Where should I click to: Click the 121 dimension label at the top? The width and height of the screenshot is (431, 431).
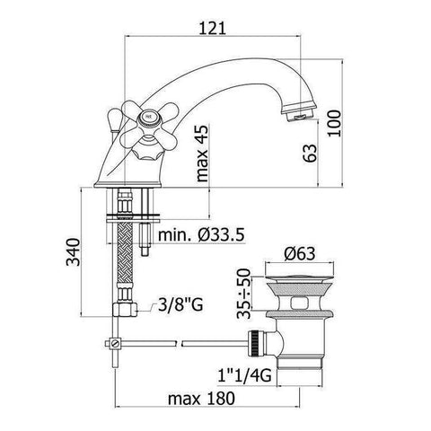(x=212, y=29)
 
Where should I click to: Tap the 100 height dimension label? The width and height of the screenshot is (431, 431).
(x=334, y=123)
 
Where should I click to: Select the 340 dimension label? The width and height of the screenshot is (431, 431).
(x=73, y=252)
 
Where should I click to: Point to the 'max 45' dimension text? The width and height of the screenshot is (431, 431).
(x=202, y=154)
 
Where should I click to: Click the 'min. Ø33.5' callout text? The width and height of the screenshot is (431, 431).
(x=201, y=235)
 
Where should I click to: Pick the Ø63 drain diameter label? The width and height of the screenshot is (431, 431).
(x=300, y=253)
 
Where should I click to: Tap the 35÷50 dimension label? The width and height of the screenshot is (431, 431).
(x=243, y=294)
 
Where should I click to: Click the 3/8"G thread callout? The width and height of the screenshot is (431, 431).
(x=180, y=305)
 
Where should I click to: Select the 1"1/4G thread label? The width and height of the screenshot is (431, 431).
(x=244, y=375)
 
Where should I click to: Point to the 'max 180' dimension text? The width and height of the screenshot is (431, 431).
(x=201, y=399)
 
